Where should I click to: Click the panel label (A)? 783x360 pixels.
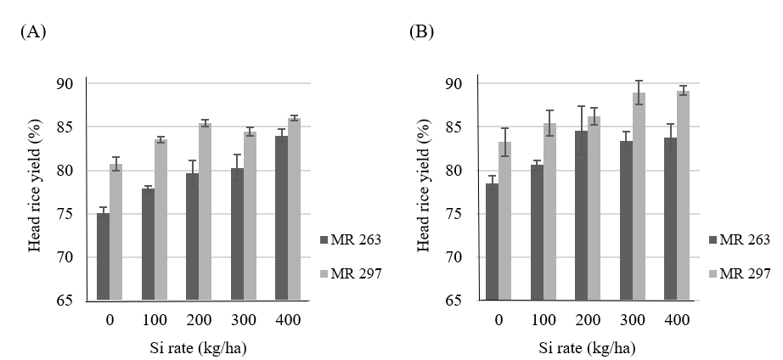32,32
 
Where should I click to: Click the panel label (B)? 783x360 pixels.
422,32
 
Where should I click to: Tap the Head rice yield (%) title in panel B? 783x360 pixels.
425,192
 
